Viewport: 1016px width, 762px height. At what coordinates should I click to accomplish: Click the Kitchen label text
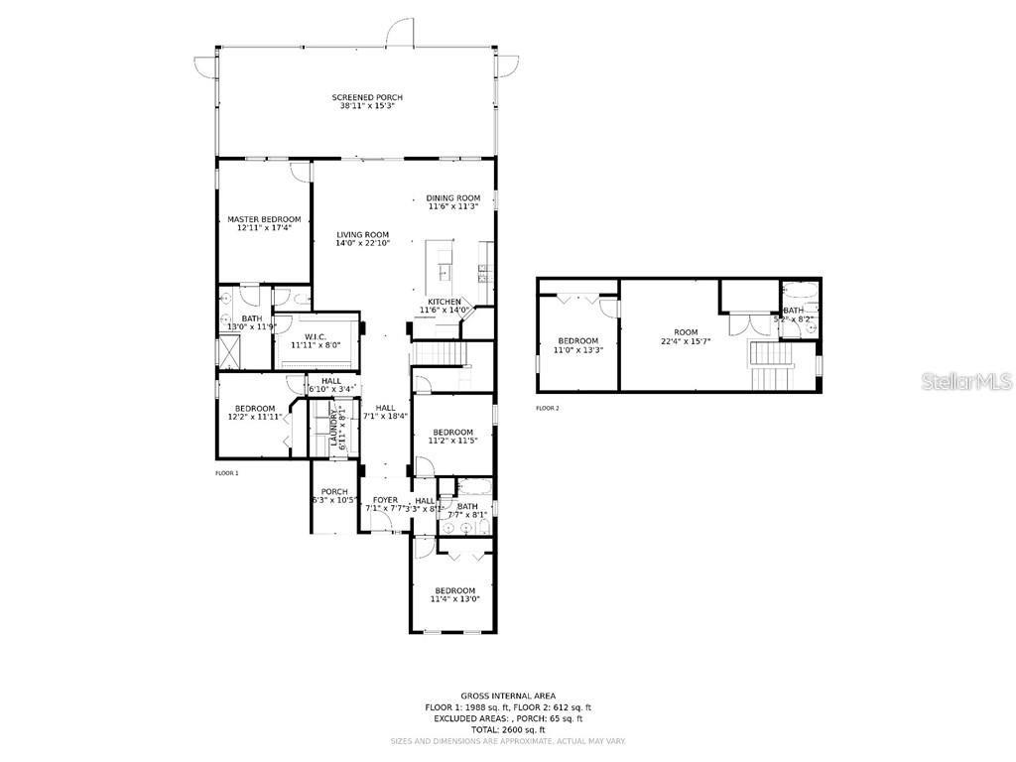point(444,302)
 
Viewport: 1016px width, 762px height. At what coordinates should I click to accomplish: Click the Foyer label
point(385,500)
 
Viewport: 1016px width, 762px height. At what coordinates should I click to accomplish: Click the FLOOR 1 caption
point(227,473)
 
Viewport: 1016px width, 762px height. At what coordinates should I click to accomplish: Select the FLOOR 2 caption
point(548,408)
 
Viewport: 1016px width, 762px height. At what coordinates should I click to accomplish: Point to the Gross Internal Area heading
point(508,696)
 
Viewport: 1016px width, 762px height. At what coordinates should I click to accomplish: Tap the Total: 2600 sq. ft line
point(508,729)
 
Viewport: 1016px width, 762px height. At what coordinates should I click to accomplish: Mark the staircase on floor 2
point(771,365)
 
